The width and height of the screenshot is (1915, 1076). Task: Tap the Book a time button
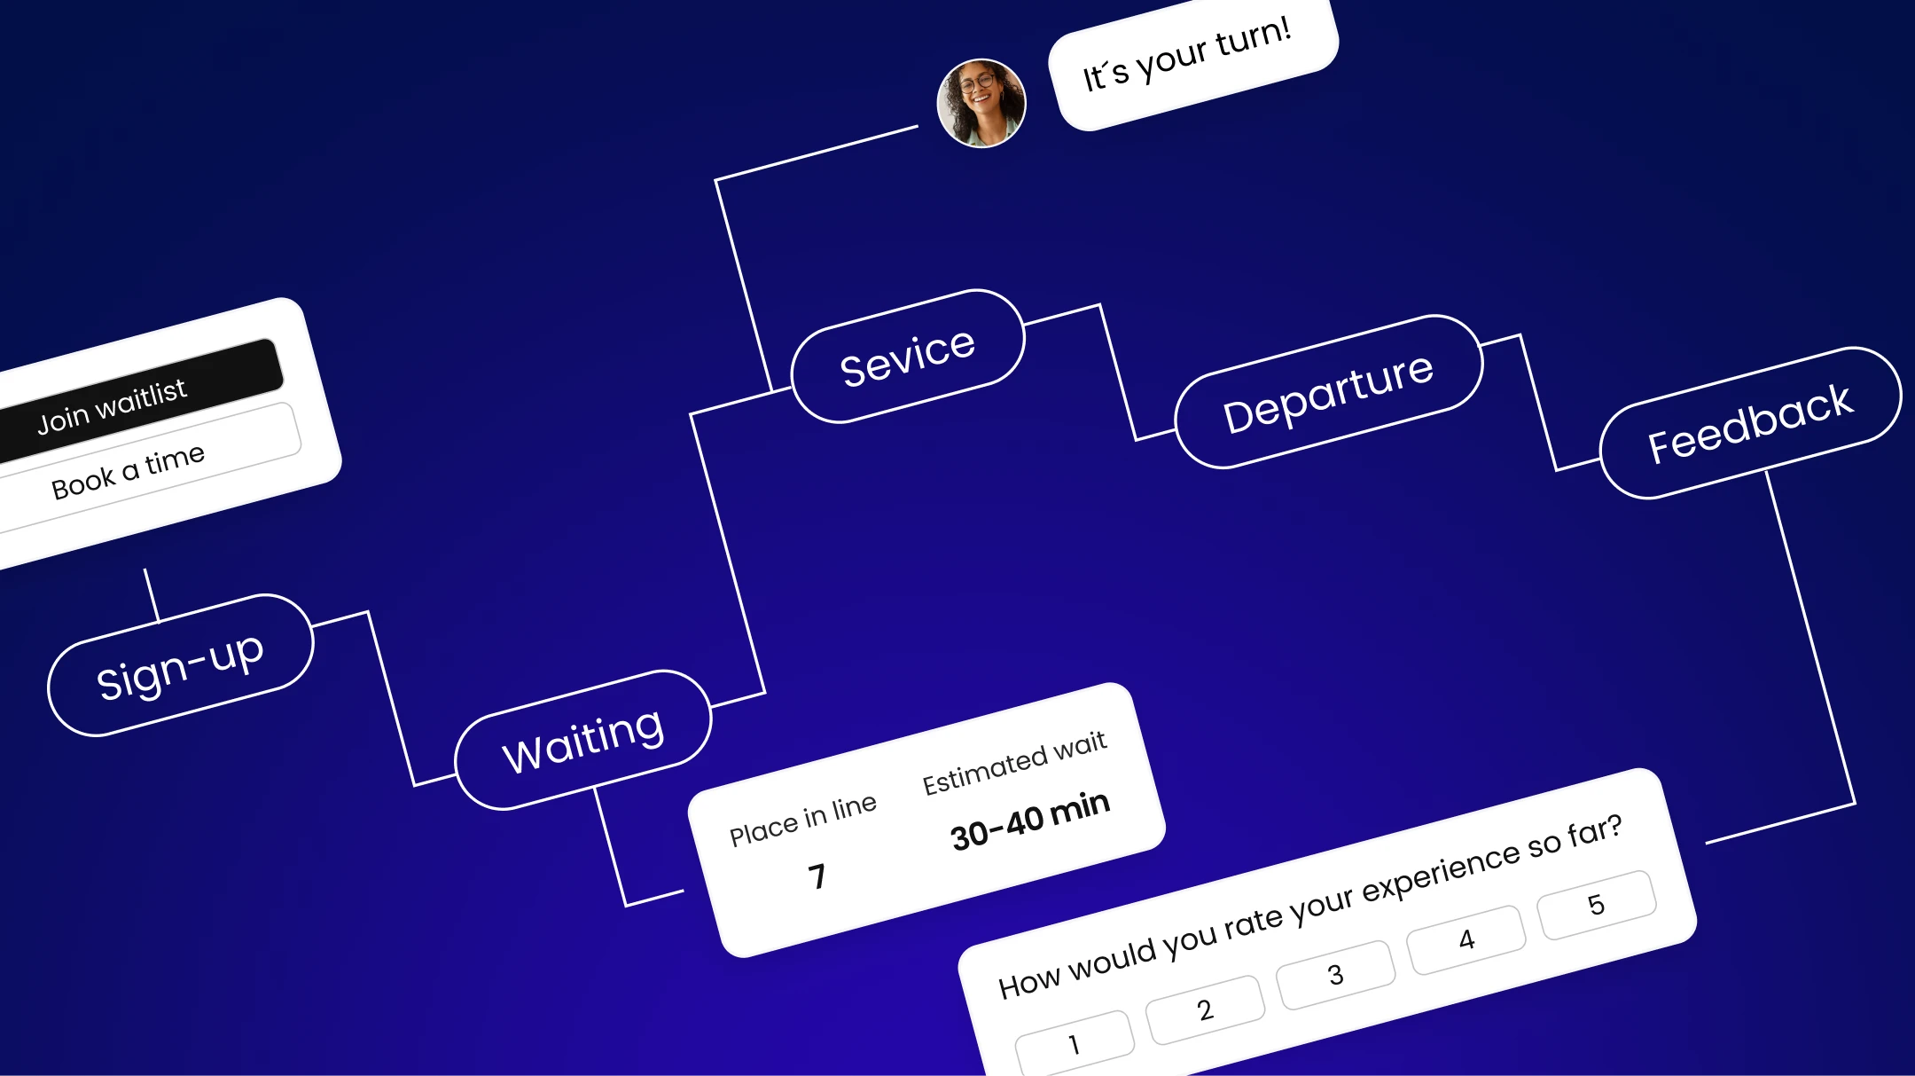142,468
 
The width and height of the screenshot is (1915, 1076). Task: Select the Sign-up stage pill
180,665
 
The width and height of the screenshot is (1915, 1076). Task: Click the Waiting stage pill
582,740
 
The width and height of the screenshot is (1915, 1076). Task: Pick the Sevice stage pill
907,357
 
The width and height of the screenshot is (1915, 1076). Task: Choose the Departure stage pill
1328,391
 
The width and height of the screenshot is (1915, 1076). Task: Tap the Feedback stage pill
1750,422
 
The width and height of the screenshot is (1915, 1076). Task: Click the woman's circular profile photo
981,103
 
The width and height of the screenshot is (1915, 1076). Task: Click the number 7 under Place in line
817,876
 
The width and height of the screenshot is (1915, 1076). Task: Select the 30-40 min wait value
1030,821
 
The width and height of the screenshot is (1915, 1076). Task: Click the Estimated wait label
1014,763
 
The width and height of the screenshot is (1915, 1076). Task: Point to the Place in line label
802,820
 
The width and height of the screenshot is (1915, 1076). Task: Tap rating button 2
1205,1009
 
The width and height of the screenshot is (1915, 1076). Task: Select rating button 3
1335,975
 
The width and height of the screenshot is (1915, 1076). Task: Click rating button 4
1466,939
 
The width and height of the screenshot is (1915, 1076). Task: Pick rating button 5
1596,905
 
